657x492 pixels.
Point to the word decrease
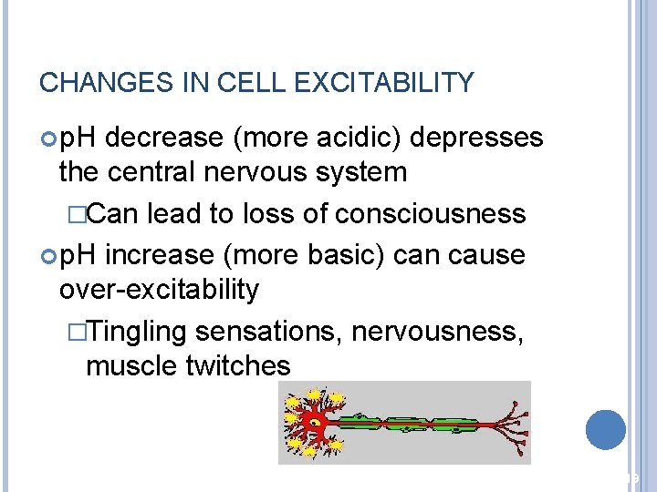click(168, 138)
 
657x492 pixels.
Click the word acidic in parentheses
click(360, 138)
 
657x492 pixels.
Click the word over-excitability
click(159, 290)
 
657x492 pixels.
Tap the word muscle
click(128, 365)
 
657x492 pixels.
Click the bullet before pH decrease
click(48, 138)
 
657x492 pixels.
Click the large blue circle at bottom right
click(606, 429)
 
